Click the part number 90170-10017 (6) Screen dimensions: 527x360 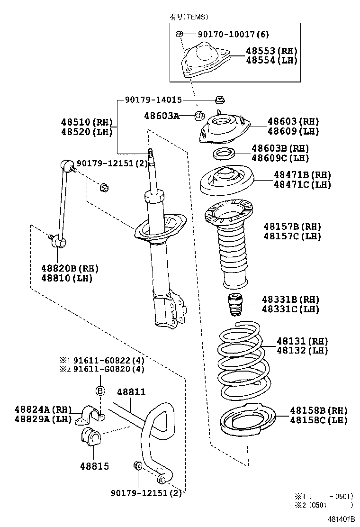point(227,34)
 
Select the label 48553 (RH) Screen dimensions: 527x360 point(271,51)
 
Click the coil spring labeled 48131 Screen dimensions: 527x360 point(241,360)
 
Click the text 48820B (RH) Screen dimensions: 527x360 point(69,269)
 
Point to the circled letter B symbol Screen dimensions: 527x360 point(100,391)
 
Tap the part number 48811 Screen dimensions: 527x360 point(131,392)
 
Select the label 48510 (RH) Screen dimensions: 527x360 point(86,121)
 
